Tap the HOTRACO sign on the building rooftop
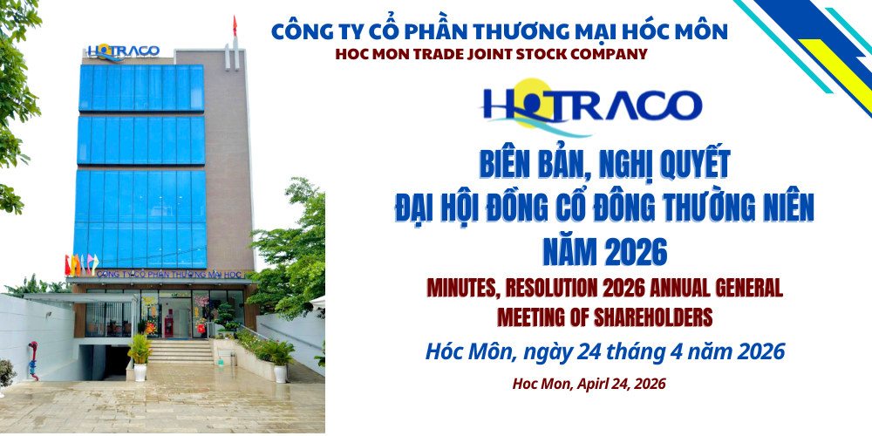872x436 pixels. coord(123,51)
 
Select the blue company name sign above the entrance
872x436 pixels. coord(170,274)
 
